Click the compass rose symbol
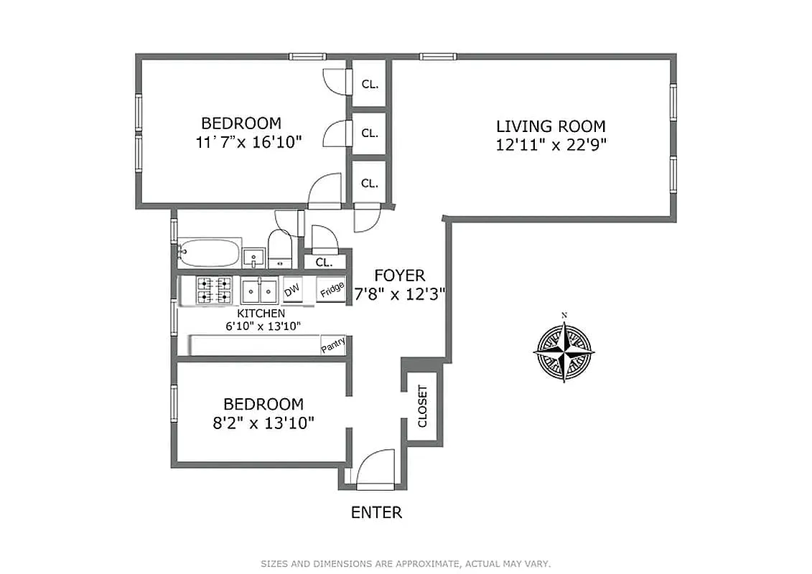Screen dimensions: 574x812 coord(564,352)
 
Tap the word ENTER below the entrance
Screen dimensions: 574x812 coord(376,512)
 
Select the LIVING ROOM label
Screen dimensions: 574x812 coord(551,126)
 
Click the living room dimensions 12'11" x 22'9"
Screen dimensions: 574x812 coord(551,144)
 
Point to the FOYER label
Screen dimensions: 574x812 coord(400,276)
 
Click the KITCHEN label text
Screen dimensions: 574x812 coord(261,314)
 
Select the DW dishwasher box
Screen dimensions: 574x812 coord(292,290)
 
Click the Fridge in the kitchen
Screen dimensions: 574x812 coord(331,290)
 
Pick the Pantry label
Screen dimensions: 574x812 coord(333,345)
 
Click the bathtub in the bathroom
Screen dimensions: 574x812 coord(209,253)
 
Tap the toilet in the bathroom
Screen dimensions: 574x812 coord(279,248)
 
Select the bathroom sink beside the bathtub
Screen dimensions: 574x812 coord(253,257)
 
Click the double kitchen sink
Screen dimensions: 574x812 coord(260,290)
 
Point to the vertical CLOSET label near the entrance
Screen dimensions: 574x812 coord(422,406)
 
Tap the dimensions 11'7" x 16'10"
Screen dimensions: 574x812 coord(248,141)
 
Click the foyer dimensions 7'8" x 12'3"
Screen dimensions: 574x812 coord(400,293)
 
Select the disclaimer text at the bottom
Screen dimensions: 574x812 coord(406,564)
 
